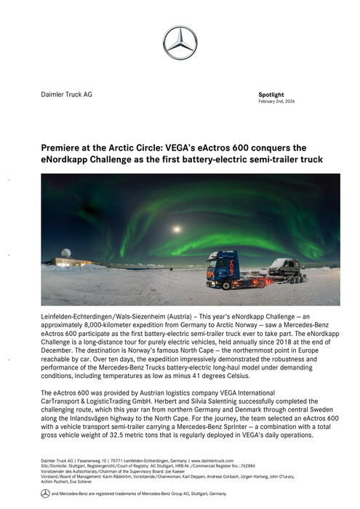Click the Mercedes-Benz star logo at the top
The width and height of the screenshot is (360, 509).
pyautogui.click(x=180, y=42)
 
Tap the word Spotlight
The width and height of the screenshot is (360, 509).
pyautogui.click(x=271, y=95)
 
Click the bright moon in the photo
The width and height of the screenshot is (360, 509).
pyautogui.click(x=177, y=229)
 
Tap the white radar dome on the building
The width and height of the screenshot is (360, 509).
pyautogui.click(x=66, y=252)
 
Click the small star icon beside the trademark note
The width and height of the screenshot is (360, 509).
pyautogui.click(x=45, y=493)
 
